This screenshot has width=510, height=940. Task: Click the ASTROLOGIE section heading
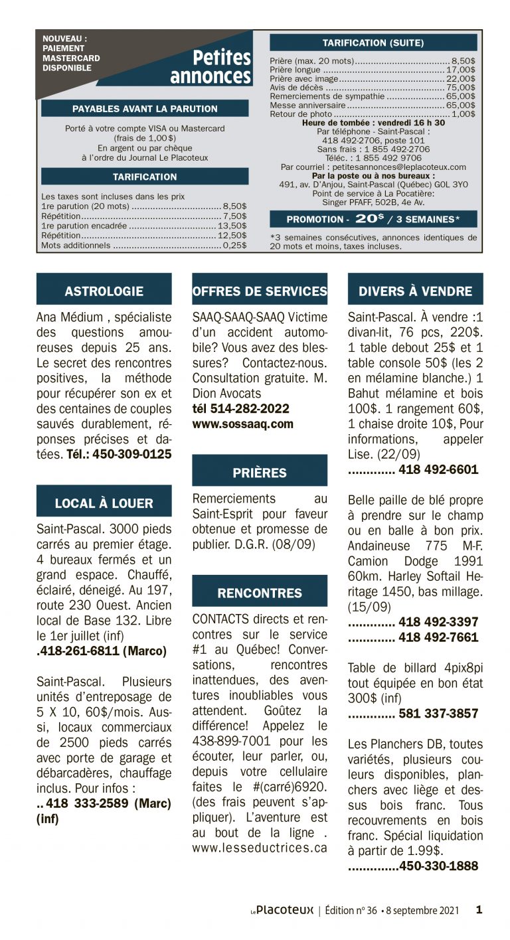[x=104, y=291]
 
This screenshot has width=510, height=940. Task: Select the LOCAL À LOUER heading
[x=104, y=503]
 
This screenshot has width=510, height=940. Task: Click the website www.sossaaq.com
[x=242, y=424]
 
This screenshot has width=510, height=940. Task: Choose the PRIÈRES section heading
[x=260, y=473]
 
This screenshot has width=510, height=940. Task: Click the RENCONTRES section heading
[x=260, y=593]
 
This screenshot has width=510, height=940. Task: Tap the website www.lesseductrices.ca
[x=260, y=848]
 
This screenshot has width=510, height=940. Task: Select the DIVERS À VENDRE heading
[x=415, y=291]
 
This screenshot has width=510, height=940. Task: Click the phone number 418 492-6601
[x=438, y=470]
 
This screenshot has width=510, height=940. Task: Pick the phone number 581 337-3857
[x=438, y=714]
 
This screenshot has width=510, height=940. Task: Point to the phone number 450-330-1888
[x=438, y=866]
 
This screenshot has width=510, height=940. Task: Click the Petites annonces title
[x=211, y=67]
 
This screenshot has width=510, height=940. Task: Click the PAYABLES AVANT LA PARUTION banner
[x=145, y=108]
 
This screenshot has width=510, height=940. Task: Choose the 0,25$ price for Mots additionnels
[x=234, y=245]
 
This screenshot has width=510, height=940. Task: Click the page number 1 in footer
[x=479, y=910]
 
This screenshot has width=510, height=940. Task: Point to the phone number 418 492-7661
[x=438, y=637]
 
